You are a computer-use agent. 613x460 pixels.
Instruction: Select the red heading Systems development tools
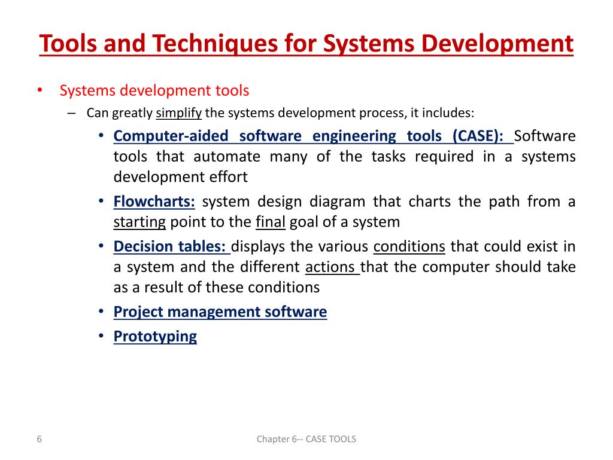coord(154,90)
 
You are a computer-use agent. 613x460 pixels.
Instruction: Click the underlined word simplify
coord(178,113)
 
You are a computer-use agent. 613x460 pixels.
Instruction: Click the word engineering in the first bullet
coord(353,136)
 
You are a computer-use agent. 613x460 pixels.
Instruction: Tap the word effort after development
coord(226,177)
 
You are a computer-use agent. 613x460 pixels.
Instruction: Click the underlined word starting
coord(139,222)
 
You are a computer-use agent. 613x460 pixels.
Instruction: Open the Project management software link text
coord(220,311)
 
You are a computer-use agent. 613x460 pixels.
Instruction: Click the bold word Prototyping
coord(155,336)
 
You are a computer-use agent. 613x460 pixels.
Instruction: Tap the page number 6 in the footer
coord(39,439)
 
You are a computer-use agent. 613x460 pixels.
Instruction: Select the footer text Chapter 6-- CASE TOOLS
coord(306,439)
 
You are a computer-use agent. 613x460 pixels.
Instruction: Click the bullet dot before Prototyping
coord(101,337)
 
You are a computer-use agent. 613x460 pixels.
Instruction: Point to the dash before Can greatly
coord(72,113)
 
